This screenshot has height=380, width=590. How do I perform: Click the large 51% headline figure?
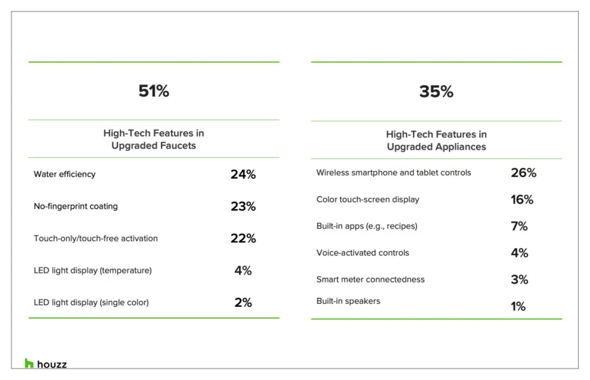pos(153,91)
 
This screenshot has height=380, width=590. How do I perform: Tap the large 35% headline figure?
pos(436,92)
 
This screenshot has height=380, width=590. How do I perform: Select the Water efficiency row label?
pos(65,174)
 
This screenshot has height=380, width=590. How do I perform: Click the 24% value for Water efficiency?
pos(243,174)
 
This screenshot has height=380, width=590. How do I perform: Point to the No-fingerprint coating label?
pos(76,206)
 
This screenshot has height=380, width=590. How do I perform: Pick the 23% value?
pos(243,206)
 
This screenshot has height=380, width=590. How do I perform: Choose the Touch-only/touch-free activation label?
pos(96,238)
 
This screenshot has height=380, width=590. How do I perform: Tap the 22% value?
pos(243,238)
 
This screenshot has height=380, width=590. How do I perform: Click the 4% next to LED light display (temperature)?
pos(243,270)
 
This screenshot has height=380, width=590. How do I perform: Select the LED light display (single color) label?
pos(91,303)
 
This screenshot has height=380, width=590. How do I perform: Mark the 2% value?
pos(243,303)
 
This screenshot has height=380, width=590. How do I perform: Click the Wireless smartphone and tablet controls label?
pos(394,173)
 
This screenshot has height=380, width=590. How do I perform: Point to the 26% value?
pos(523,173)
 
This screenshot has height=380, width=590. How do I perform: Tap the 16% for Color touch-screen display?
pos(522,199)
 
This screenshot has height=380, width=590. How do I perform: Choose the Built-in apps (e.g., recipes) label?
pos(367,226)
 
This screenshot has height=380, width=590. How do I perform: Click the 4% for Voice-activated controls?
pos(519,253)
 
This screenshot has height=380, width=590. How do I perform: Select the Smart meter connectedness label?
pos(371,280)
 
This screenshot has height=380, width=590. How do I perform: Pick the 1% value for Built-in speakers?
pos(518,306)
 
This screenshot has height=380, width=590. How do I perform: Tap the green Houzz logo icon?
pos(29,363)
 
